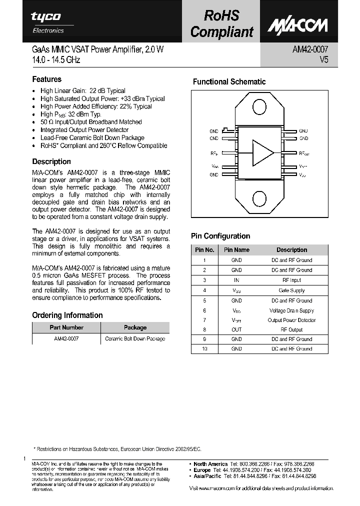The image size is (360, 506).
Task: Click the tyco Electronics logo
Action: pyautogui.click(x=47, y=22)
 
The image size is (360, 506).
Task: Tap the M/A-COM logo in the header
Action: pyautogui.click(x=297, y=25)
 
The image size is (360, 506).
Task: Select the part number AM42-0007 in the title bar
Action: pyautogui.click(x=309, y=50)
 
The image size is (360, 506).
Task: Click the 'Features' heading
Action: pyautogui.click(x=47, y=79)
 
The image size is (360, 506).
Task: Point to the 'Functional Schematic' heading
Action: pyautogui.click(x=229, y=82)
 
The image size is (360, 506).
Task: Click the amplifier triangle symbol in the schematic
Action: pyautogui.click(x=263, y=152)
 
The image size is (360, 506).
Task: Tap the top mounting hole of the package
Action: pyautogui.click(x=259, y=107)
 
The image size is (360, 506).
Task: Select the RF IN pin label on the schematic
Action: pyautogui.click(x=213, y=153)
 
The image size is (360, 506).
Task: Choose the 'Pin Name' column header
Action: pyautogui.click(x=236, y=250)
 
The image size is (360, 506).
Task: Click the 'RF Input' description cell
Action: pyautogui.click(x=291, y=280)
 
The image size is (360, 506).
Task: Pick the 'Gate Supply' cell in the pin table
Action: pyautogui.click(x=291, y=290)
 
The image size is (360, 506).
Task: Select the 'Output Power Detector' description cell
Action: pyautogui.click(x=291, y=320)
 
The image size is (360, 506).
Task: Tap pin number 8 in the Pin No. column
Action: pyautogui.click(x=204, y=330)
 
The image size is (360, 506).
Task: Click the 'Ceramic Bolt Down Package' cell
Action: pyautogui.click(x=135, y=339)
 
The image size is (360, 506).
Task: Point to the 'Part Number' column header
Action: pyautogui.click(x=66, y=327)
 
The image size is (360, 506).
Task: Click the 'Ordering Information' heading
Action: pyautogui.click(x=67, y=315)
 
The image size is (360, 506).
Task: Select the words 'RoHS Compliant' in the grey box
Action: pyautogui.click(x=222, y=23)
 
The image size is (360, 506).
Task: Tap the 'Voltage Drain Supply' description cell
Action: pyautogui.click(x=291, y=310)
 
